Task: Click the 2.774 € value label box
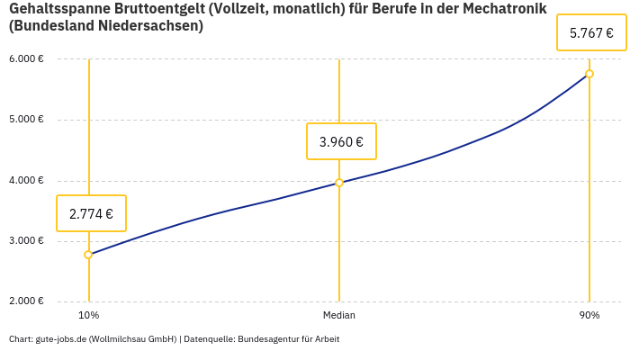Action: pyautogui.click(x=91, y=213)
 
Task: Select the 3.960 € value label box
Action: pyautogui.click(x=341, y=141)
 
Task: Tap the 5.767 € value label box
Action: pyautogui.click(x=591, y=33)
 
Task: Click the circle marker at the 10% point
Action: pyautogui.click(x=88, y=255)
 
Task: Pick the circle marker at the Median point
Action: pyautogui.click(x=339, y=183)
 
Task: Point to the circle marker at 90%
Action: pyautogui.click(x=589, y=74)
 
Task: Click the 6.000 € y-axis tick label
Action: pyautogui.click(x=26, y=59)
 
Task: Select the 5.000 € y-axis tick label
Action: pyautogui.click(x=26, y=120)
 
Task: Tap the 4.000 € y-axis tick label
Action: pyautogui.click(x=26, y=180)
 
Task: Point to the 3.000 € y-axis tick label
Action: pyautogui.click(x=26, y=241)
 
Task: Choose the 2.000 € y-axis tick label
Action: pyautogui.click(x=26, y=301)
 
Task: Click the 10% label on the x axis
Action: pyautogui.click(x=88, y=316)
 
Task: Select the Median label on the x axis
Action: pyautogui.click(x=339, y=316)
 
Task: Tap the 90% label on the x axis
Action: pyautogui.click(x=589, y=316)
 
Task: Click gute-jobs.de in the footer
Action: pyautogui.click(x=60, y=339)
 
